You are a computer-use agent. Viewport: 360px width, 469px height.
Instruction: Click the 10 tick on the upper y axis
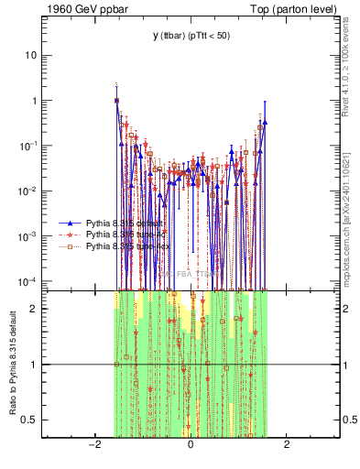33,55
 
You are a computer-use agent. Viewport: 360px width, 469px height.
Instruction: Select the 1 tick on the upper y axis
36,101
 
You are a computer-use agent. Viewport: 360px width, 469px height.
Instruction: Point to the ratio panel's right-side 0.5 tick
348,420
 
